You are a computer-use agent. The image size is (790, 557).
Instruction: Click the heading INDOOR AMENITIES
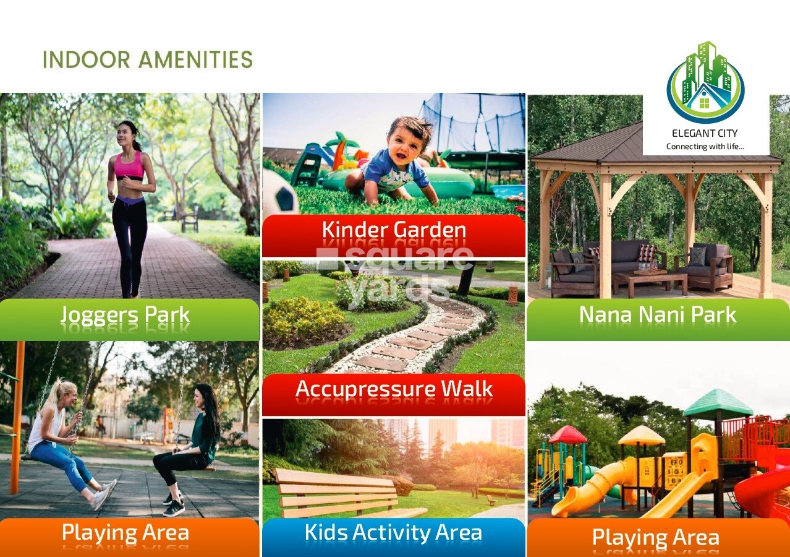pos(147,59)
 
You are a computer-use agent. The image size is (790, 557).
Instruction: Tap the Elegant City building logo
pos(705,83)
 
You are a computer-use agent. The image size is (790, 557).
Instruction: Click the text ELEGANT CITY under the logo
pos(705,133)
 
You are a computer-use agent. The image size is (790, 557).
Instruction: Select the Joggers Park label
pos(125,314)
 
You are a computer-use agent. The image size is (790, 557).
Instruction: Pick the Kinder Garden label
pos(394,230)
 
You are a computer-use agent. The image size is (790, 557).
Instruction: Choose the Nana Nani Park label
pos(658,314)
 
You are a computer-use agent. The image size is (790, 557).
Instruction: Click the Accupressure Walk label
pos(394,389)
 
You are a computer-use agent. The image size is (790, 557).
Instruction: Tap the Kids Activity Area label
pos(393,532)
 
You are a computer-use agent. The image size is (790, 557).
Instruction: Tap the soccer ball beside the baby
pos(281,192)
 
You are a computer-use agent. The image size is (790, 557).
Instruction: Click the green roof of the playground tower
pos(718,403)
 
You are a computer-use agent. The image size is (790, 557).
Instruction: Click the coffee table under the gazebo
pos(650,282)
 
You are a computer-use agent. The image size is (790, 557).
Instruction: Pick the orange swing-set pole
pos(17,417)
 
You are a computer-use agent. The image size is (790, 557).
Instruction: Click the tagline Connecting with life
pos(705,146)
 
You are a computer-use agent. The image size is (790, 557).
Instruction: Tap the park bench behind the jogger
pos(190,218)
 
